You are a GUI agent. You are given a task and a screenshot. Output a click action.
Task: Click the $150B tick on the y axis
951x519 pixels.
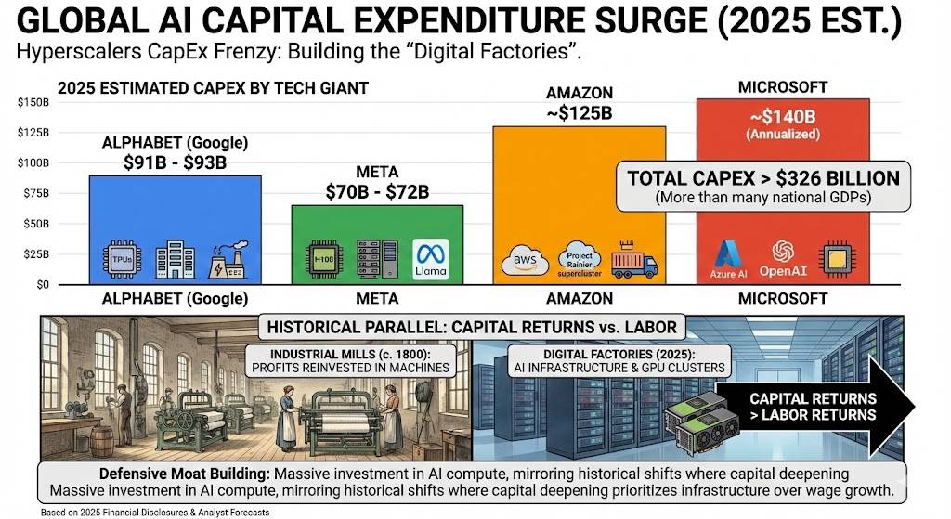33,102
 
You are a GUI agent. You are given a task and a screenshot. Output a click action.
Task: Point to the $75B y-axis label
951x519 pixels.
36,193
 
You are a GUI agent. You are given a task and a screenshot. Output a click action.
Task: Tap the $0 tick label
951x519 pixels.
43,284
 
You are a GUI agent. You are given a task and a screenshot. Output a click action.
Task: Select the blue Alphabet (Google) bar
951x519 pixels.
176,230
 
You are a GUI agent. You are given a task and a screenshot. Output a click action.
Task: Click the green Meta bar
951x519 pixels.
377,245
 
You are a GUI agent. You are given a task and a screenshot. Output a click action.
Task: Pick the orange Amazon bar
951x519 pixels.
580,205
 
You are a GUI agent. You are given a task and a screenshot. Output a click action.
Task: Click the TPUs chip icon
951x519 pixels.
122,260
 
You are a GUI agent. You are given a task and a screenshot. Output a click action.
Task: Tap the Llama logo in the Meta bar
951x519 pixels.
431,259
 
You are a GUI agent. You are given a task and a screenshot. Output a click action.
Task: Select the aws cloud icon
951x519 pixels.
525,261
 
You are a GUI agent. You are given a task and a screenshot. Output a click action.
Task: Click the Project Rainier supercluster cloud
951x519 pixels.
580,260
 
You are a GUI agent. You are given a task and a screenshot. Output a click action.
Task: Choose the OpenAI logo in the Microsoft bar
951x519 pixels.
783,259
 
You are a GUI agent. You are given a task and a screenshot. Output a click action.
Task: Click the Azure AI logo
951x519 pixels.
728,260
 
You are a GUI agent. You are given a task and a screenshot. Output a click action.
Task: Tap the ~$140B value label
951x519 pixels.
783,116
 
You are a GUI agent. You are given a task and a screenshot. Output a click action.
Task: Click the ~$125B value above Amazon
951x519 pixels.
580,112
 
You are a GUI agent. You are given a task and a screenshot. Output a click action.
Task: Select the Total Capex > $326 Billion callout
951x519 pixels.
763,186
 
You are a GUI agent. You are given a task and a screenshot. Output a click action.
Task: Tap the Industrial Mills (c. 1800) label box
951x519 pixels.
350,361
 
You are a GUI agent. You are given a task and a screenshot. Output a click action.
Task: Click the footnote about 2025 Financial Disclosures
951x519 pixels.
155,513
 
